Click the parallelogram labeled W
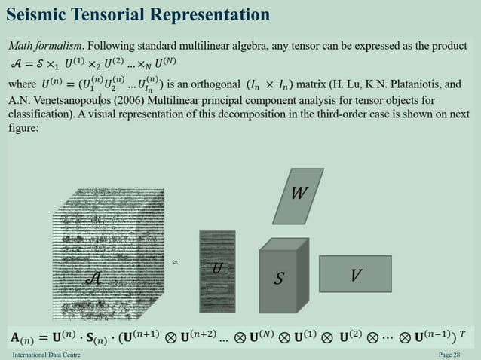click(299, 194)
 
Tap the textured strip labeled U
click(217, 270)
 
